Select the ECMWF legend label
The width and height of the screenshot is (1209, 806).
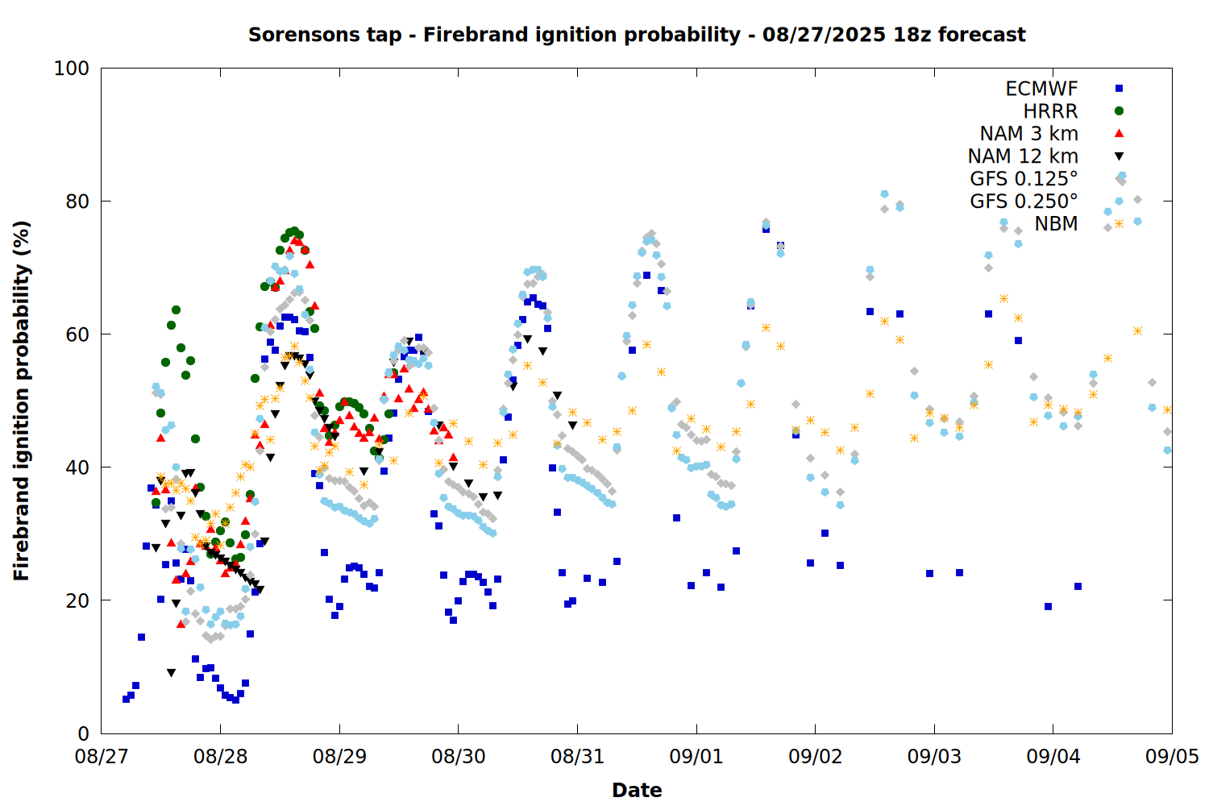pyautogui.click(x=1041, y=89)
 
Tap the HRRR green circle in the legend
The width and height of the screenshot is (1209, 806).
pyautogui.click(x=1119, y=111)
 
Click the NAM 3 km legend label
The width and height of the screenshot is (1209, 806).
pyautogui.click(x=1028, y=133)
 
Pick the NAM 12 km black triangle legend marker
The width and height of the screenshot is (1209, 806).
pyautogui.click(x=1119, y=156)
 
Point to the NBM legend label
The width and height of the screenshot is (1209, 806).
pyautogui.click(x=1056, y=223)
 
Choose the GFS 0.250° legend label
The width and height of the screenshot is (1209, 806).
pyautogui.click(x=1024, y=201)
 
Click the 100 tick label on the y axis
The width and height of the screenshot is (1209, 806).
pyautogui.click(x=71, y=69)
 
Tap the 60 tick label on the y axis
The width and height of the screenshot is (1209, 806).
pyautogui.click(x=77, y=334)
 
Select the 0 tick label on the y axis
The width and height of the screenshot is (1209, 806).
pyautogui.click(x=83, y=733)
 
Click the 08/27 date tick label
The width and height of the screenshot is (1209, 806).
pyautogui.click(x=102, y=756)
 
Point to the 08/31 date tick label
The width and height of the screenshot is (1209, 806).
pyautogui.click(x=578, y=756)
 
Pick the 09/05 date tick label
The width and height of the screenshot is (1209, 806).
pyautogui.click(x=1172, y=756)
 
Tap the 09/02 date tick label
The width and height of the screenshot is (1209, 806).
pyautogui.click(x=816, y=756)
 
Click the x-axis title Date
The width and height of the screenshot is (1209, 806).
pyautogui.click(x=637, y=791)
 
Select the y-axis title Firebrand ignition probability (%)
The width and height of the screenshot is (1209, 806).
pyautogui.click(x=22, y=401)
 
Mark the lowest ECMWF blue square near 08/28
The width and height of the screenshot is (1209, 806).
pyautogui.click(x=235, y=700)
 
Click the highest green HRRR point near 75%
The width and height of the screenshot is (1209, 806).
pyautogui.click(x=295, y=231)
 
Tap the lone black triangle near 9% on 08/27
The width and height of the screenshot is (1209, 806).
pyautogui.click(x=171, y=673)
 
